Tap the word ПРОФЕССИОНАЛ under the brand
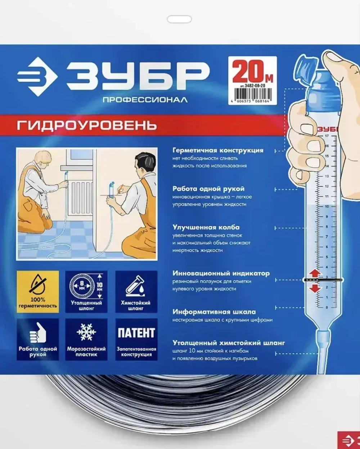(145, 100)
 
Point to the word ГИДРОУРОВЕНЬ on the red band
(86, 126)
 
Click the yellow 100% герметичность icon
(38, 291)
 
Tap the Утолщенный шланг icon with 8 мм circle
(86, 291)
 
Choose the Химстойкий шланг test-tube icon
(136, 291)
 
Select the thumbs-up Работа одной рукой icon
(38, 339)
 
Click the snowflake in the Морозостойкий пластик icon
(86, 332)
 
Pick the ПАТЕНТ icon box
(136, 339)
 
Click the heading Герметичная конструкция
(218, 150)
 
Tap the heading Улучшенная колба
(206, 227)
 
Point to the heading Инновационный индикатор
(221, 273)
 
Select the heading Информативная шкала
(214, 312)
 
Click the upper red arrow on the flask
(315, 273)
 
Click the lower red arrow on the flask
(315, 288)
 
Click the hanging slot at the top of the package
(179, 19)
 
